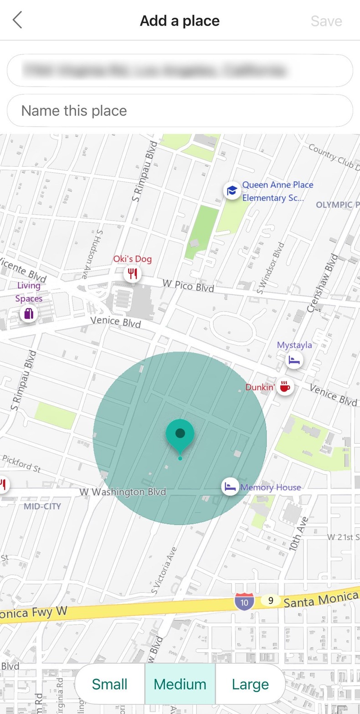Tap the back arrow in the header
point(17,21)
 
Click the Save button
point(326,21)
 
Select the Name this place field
point(180,111)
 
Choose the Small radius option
point(110,684)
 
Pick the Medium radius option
point(180,684)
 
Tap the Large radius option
point(250,684)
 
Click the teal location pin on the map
point(180,434)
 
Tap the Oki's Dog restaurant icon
point(132,274)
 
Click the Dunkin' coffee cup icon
point(285,387)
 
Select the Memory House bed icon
point(230,487)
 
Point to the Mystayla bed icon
point(294,360)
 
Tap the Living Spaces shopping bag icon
point(29,313)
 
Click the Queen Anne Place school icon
point(232,191)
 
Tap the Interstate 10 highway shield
point(244,602)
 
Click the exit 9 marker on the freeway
point(271,600)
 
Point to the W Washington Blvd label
point(123,492)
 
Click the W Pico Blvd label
point(188,286)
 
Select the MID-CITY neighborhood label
point(42,506)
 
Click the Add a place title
point(180,21)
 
